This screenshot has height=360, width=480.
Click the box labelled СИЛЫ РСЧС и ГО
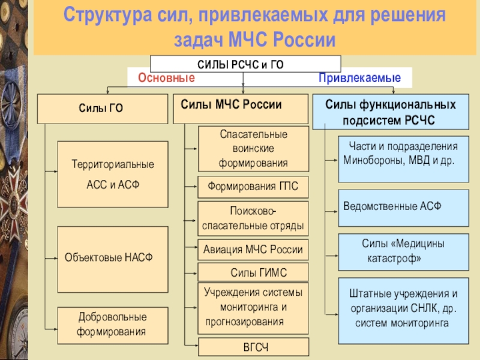point(245,64)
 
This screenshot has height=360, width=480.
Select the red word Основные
point(166,78)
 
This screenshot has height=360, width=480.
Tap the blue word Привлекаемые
point(359,78)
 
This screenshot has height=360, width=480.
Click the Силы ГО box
point(103,109)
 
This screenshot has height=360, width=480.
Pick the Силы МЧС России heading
point(231,104)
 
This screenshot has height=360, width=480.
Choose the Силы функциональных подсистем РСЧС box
point(391,112)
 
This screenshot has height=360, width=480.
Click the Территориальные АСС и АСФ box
point(112,174)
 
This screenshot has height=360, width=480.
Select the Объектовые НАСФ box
point(112,258)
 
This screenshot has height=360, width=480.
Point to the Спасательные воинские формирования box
point(253,148)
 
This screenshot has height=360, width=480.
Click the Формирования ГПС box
point(253,187)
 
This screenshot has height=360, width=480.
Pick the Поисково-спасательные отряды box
point(253,219)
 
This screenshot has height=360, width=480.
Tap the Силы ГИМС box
point(253,272)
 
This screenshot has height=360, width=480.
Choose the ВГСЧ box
point(253,347)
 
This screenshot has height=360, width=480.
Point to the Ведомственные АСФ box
point(403,206)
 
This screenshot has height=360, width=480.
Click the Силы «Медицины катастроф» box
point(403,251)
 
